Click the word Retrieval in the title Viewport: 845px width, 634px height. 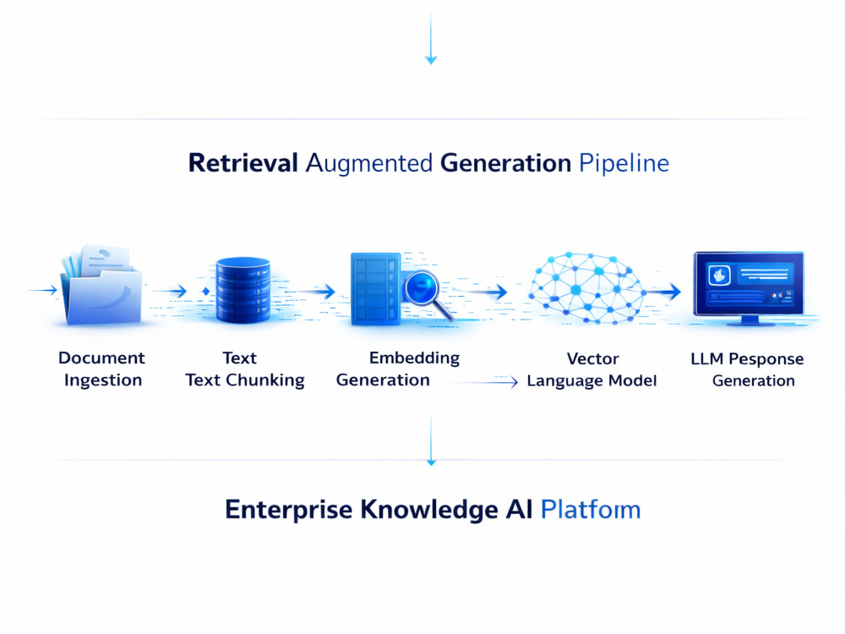click(243, 163)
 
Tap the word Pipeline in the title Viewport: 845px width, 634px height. click(624, 164)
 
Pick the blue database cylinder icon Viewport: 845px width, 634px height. click(243, 289)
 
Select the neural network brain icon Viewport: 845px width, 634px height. click(586, 288)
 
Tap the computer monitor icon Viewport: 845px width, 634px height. click(749, 288)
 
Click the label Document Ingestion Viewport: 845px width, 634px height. click(102, 369)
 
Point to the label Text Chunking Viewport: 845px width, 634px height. click(245, 380)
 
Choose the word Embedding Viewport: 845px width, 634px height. click(414, 358)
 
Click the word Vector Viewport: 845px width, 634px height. click(593, 358)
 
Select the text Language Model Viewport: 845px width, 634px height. click(591, 381)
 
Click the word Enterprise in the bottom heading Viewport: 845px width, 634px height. click(288, 510)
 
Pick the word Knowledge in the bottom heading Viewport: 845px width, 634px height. click(429, 510)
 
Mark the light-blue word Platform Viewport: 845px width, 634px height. click(591, 510)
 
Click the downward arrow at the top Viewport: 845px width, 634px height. click(431, 39)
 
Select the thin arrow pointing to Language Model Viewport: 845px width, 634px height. click(482, 382)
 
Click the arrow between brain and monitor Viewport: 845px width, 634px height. click(663, 292)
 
